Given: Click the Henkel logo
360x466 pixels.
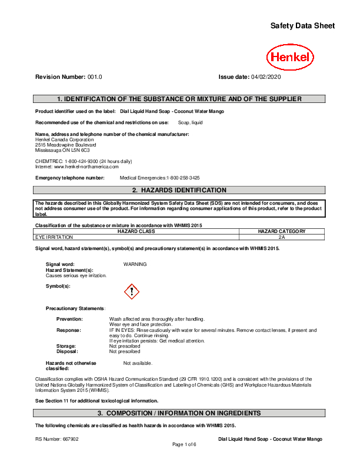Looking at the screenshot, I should [x=290, y=58].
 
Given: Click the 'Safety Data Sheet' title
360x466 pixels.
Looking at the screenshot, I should [x=302, y=26].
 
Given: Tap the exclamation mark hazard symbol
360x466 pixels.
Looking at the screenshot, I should [x=132, y=291].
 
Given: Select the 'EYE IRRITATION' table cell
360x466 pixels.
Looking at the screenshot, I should [x=55, y=237].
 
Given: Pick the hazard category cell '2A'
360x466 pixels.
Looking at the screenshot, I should [x=282, y=237].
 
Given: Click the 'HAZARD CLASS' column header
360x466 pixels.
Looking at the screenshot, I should [x=136, y=231].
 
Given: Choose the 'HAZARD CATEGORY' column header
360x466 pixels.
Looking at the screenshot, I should [x=282, y=231].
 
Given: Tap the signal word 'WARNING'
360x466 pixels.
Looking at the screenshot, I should [x=135, y=264].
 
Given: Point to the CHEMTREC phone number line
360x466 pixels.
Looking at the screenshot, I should [x=84, y=161].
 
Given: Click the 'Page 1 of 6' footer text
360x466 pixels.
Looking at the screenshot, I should [x=184, y=444].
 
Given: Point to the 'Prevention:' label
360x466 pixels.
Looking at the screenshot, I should [x=69, y=319].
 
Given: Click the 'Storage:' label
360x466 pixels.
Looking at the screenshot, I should [x=66, y=346].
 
